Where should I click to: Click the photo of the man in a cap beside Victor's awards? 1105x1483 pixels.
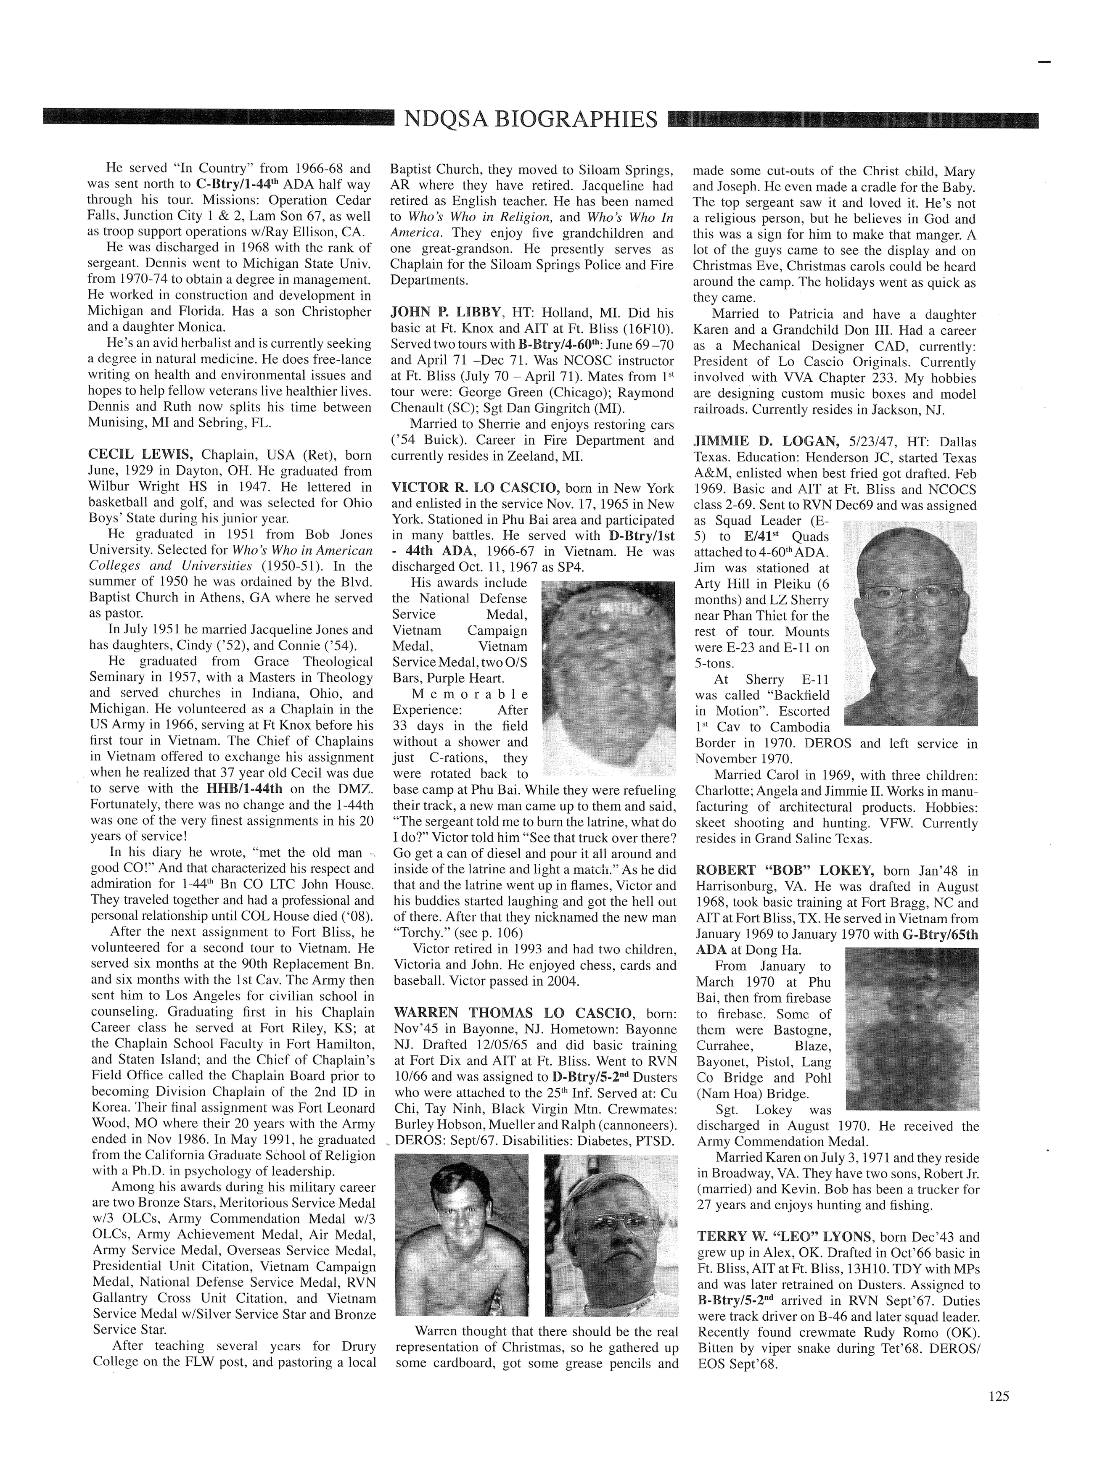coord(607,677)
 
